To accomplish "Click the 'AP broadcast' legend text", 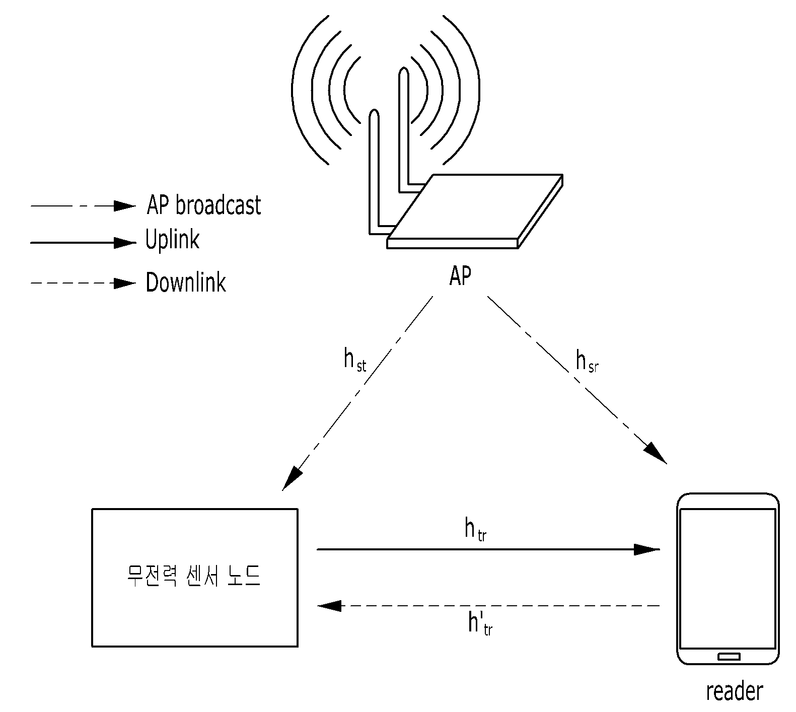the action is (x=204, y=205).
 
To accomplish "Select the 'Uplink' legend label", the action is (x=172, y=240).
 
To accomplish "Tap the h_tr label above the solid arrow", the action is (x=475, y=530).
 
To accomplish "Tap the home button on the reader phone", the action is (x=729, y=657).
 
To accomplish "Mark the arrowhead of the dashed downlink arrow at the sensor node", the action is (x=330, y=606).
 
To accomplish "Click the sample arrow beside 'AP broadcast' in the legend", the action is (x=84, y=206).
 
